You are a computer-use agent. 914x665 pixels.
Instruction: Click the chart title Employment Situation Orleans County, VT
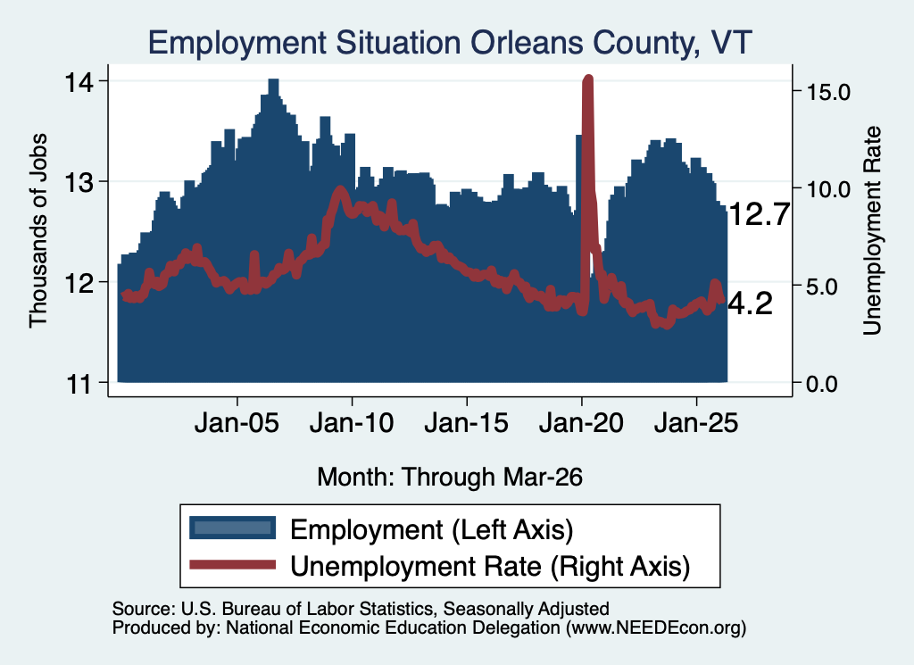[450, 43]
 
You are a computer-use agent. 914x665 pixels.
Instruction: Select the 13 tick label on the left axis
[79, 183]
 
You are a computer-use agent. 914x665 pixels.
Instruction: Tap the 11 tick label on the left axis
[79, 384]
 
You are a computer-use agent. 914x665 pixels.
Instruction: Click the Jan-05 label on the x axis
[237, 423]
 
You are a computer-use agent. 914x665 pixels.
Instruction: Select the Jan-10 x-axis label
[352, 423]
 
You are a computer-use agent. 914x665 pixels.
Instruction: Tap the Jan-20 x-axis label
[582, 423]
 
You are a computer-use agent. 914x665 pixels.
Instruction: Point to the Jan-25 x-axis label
[696, 423]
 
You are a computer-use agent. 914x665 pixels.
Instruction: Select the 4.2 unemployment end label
[751, 303]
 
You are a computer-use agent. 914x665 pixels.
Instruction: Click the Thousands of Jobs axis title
[37, 230]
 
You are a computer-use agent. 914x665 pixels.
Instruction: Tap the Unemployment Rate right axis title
[872, 231]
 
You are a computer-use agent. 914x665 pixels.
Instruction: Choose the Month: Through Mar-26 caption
[450, 477]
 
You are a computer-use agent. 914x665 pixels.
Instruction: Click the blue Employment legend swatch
[233, 528]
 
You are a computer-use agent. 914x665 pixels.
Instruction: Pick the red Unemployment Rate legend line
[233, 564]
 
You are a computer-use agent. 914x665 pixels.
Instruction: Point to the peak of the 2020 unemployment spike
[587, 79]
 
